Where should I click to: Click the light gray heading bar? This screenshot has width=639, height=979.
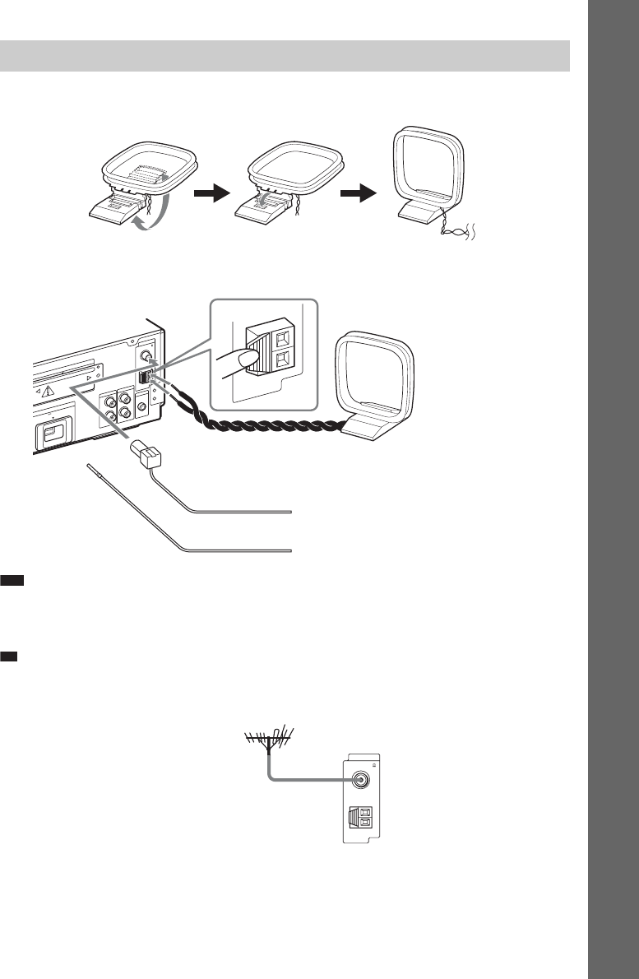(x=285, y=54)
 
